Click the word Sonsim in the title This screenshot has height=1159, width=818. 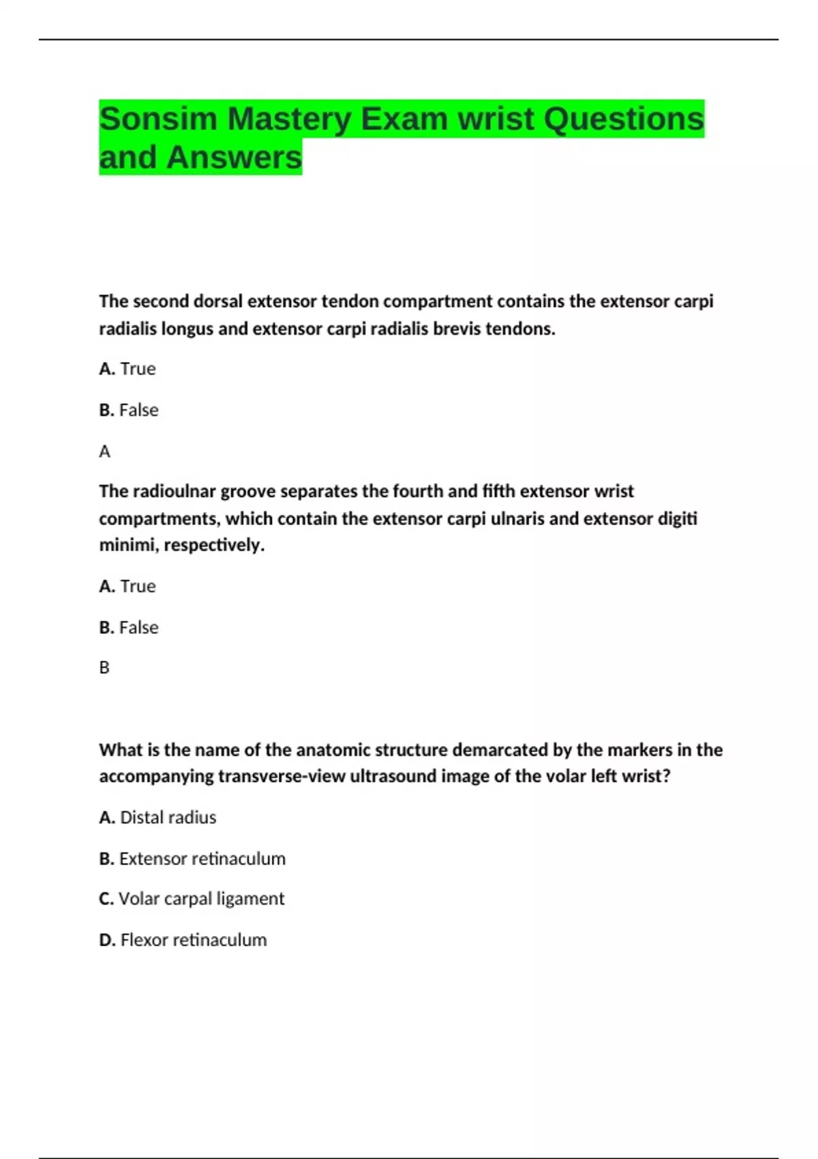[157, 119]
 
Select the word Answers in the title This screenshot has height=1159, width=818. [233, 157]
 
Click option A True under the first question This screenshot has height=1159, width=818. [127, 369]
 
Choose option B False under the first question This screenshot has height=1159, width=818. [129, 410]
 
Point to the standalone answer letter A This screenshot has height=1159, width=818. [104, 451]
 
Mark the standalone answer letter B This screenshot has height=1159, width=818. [104, 667]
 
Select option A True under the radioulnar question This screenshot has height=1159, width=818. [127, 586]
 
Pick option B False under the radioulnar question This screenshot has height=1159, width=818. [129, 627]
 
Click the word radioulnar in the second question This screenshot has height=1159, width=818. [173, 492]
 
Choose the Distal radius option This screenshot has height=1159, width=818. [158, 817]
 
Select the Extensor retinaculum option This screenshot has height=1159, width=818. [193, 858]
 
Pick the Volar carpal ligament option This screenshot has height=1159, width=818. [192, 899]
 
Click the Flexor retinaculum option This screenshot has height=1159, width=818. [183, 940]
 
